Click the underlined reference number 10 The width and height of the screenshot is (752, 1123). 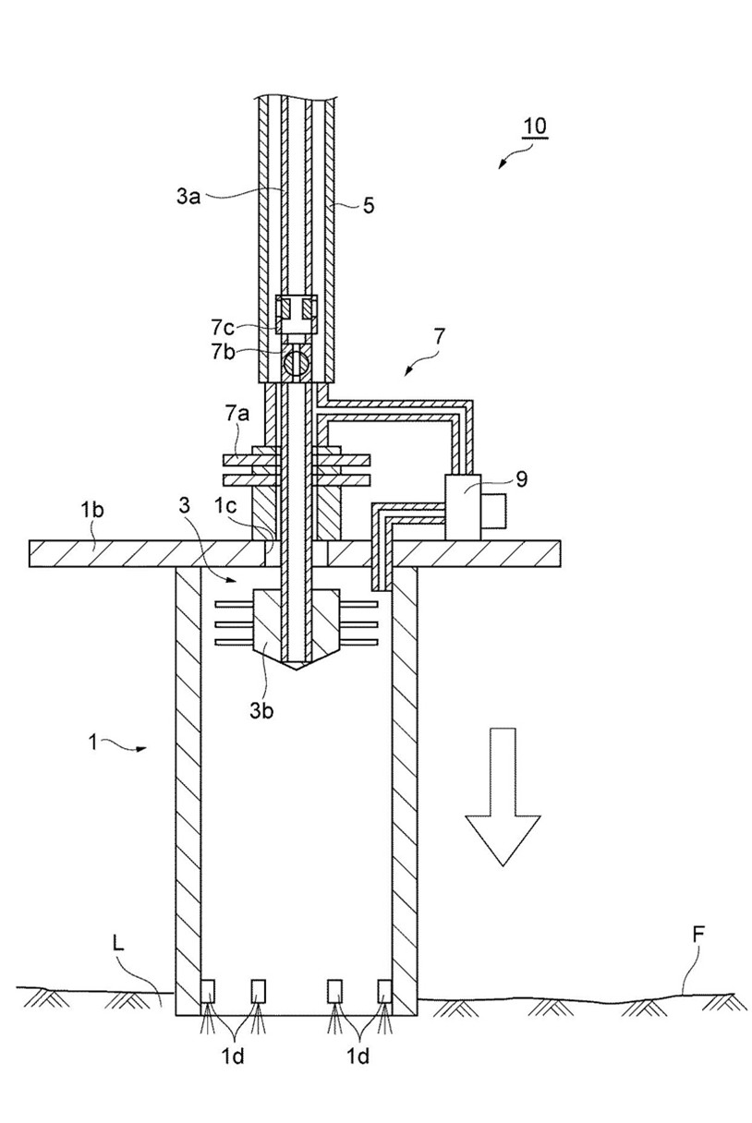pyautogui.click(x=534, y=127)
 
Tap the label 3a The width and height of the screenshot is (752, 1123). pyautogui.click(x=188, y=197)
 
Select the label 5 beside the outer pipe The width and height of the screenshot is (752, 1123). pyautogui.click(x=369, y=205)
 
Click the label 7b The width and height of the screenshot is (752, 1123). pyautogui.click(x=223, y=353)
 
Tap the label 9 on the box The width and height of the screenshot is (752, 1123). pyautogui.click(x=522, y=479)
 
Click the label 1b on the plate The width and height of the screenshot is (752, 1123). pyautogui.click(x=91, y=511)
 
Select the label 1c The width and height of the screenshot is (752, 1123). pyautogui.click(x=224, y=506)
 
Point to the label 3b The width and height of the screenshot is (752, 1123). pyautogui.click(x=261, y=710)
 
